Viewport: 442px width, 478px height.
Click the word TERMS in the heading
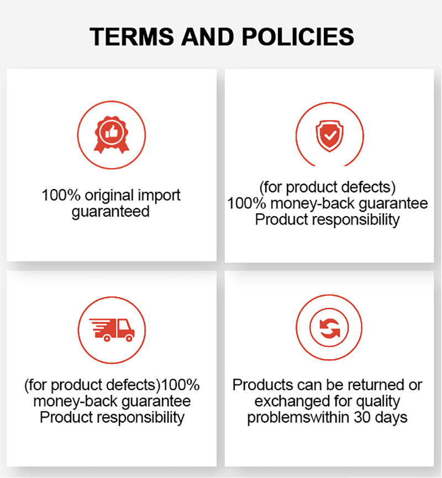tap(131, 37)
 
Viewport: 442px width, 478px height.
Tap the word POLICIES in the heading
tap(298, 37)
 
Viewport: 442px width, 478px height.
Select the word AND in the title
tap(208, 37)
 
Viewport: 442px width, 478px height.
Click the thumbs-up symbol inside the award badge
tap(112, 132)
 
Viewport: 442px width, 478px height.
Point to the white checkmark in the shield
tap(330, 135)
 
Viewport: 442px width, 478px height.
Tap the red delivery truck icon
tap(112, 330)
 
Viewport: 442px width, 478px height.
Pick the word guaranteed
tap(110, 212)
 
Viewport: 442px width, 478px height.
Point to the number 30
tap(362, 417)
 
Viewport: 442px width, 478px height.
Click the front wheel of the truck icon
tap(129, 338)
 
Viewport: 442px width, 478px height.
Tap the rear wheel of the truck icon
tap(107, 338)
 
